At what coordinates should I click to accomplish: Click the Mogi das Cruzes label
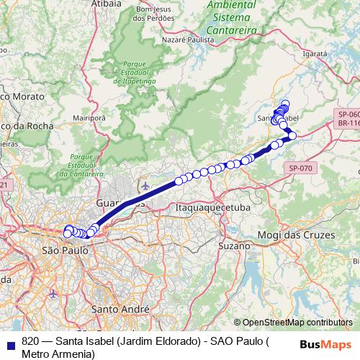click(297, 236)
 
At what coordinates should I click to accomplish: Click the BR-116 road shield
click(348, 124)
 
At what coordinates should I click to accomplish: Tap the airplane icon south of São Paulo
click(54, 294)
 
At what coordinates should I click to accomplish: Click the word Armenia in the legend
click(75, 354)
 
